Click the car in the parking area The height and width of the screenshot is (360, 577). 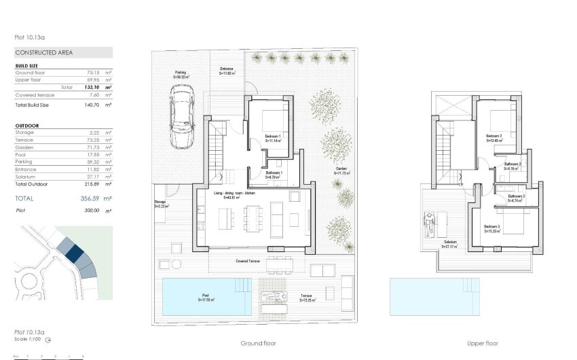tap(182, 120)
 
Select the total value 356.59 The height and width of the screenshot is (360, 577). tap(81, 198)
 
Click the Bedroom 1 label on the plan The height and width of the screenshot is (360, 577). tap(272, 137)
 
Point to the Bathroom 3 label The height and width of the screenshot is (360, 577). tap(517, 198)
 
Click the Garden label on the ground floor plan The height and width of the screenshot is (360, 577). tap(341, 171)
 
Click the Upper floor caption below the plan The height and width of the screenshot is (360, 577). tap(483, 344)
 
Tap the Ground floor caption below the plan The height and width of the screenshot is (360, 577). tap(259, 344)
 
